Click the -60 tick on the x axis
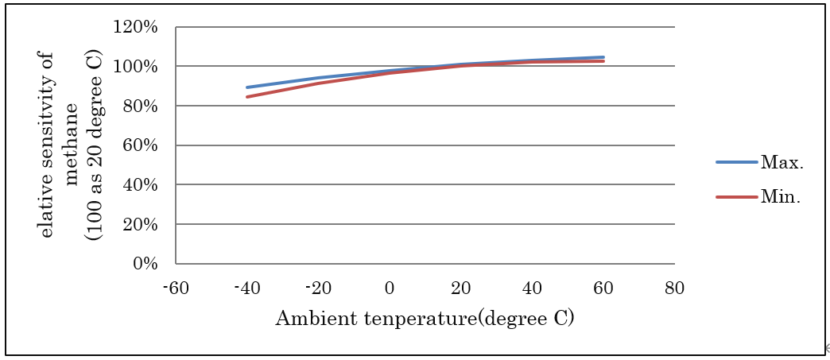[x=176, y=287]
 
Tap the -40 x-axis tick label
[x=247, y=287]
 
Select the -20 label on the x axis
[x=318, y=287]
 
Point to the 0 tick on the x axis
[x=390, y=287]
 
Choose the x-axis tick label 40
[x=532, y=287]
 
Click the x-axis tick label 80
[x=675, y=287]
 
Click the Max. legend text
[x=782, y=163]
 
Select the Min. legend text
[x=780, y=197]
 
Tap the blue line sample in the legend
[x=737, y=162]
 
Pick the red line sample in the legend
[x=737, y=197]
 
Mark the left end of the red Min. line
[x=247, y=97]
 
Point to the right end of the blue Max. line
[x=603, y=57]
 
